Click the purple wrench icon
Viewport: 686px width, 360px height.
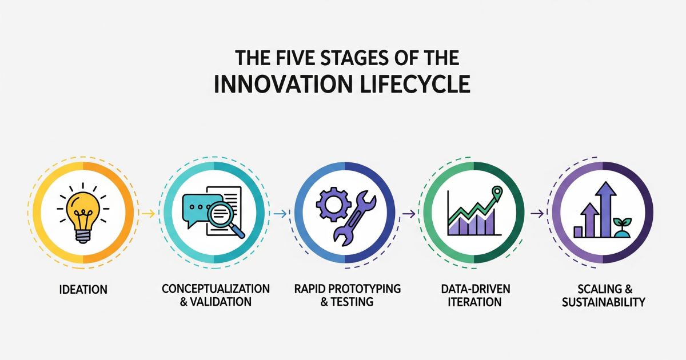click(354, 218)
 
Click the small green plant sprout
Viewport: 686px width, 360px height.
click(623, 227)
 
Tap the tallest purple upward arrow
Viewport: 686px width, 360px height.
click(606, 209)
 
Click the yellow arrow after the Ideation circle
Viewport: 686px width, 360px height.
click(149, 213)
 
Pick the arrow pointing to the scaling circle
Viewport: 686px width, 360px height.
click(537, 213)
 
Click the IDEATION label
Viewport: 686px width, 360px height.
click(83, 290)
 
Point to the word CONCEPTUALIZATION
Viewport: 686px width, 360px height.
click(216, 289)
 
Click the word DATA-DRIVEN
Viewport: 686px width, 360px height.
click(476, 289)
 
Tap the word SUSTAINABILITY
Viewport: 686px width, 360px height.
click(604, 302)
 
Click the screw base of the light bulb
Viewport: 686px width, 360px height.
click(83, 236)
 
